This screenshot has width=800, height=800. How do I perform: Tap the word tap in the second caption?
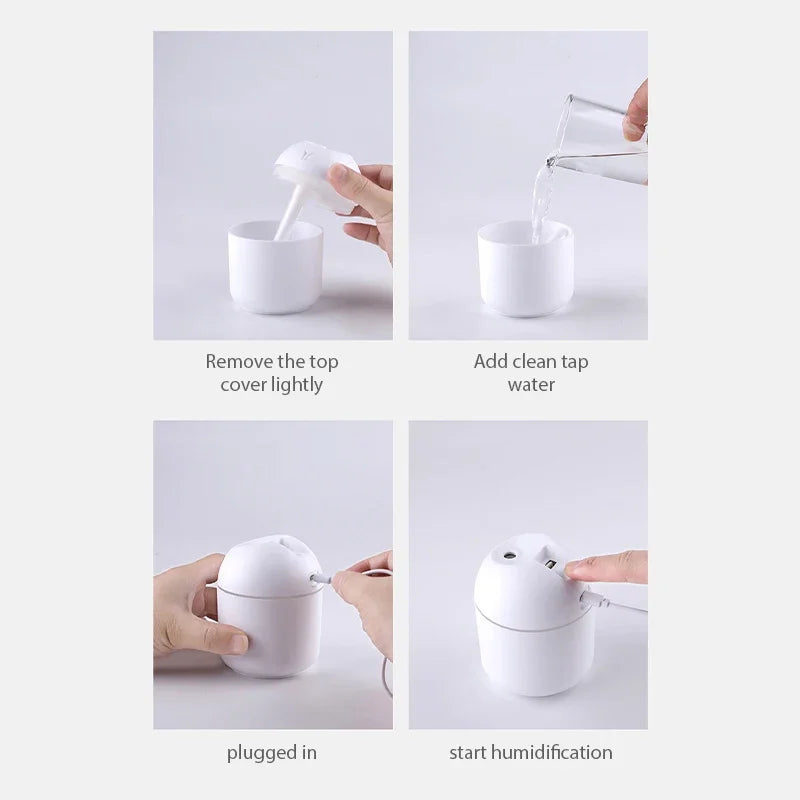point(570,361)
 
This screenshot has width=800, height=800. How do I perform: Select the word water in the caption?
point(531,385)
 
